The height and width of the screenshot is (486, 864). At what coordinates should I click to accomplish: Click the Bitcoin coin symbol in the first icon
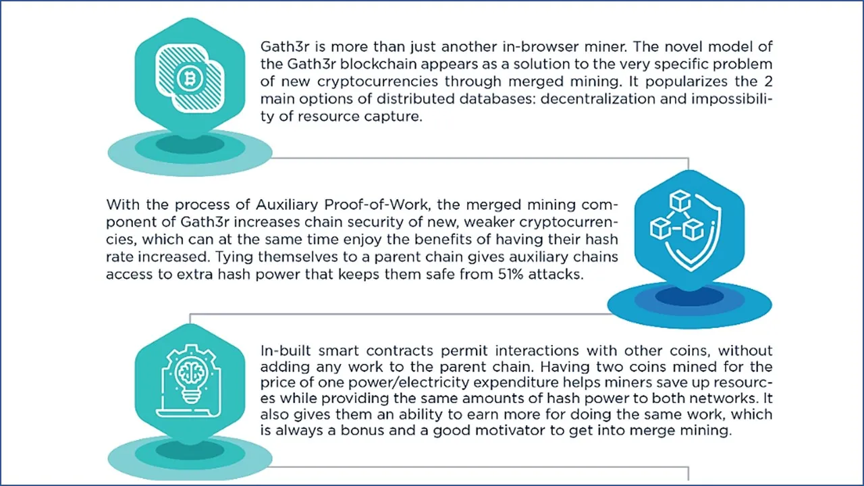click(x=190, y=80)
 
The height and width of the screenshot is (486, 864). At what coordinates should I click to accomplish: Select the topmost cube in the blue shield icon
click(x=679, y=200)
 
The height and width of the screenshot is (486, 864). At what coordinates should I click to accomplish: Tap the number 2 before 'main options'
click(x=768, y=82)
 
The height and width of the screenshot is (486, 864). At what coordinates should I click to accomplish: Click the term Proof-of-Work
click(x=377, y=205)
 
